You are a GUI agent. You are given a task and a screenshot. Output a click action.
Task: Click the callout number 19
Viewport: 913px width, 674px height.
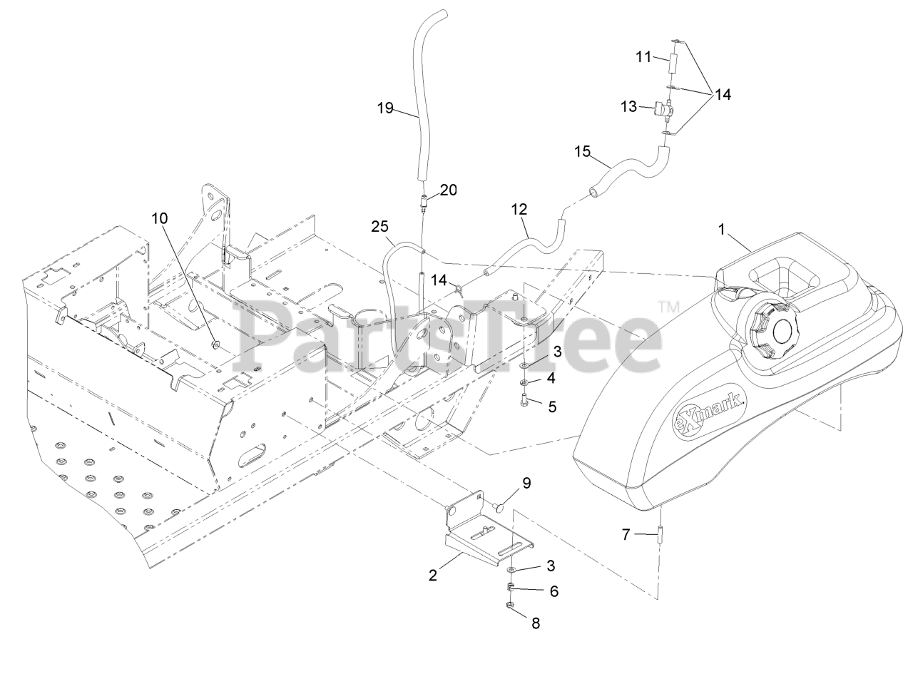click(386, 108)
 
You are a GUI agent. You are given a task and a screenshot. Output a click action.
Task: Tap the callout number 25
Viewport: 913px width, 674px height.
click(379, 228)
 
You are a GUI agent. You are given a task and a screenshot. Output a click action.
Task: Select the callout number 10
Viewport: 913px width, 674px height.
click(159, 218)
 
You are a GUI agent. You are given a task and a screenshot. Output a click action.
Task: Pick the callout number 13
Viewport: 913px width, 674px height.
click(628, 106)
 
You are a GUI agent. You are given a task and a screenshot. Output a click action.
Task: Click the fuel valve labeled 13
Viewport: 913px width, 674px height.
click(660, 109)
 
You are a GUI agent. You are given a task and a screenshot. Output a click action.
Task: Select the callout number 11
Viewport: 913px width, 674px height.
click(644, 56)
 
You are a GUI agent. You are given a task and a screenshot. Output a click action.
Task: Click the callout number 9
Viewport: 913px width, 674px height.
click(526, 483)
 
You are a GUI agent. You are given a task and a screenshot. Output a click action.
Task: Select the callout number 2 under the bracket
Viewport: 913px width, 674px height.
click(433, 576)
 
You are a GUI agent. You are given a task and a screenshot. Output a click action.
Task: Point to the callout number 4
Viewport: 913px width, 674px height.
click(551, 376)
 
